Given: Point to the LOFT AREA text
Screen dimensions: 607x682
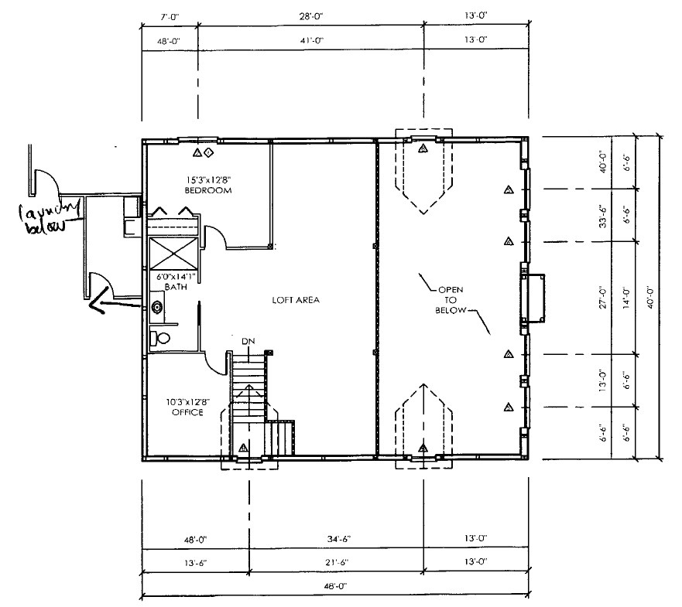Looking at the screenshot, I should [x=296, y=299].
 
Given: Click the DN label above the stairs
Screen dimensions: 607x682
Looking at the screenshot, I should [x=248, y=341].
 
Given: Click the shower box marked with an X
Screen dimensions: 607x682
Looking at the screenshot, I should [x=174, y=254].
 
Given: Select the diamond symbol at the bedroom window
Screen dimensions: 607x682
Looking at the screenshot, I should [x=208, y=152].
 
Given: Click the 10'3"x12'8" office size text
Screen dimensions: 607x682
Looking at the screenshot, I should [x=189, y=401].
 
